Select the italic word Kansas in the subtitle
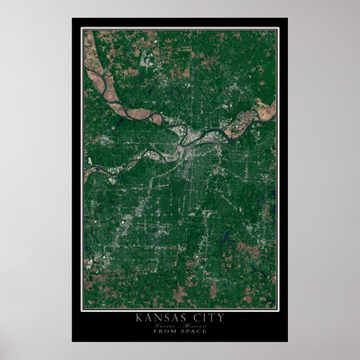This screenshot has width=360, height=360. (x=167, y=325)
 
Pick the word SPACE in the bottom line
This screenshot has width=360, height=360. (x=192, y=331)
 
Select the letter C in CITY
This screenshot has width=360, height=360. (x=196, y=318)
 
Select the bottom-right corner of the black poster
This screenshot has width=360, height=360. (x=287, y=342)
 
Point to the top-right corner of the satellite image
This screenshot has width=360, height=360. (x=276, y=30)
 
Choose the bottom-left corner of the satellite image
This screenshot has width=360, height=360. (x=84, y=308)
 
